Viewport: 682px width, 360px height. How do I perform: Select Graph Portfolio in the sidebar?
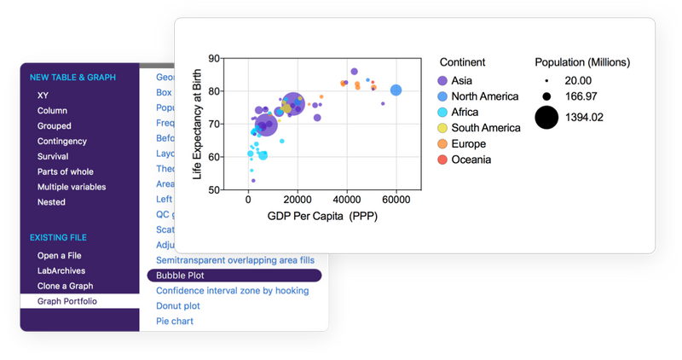tap(66, 301)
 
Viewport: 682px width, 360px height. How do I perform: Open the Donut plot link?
tap(178, 305)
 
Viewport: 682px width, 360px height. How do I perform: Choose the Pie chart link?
tap(175, 321)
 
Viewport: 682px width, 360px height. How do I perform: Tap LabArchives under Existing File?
tap(61, 270)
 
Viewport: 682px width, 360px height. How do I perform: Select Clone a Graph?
tap(65, 286)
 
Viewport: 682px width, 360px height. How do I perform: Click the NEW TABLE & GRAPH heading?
tap(72, 78)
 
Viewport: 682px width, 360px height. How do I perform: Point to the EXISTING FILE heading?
tap(58, 236)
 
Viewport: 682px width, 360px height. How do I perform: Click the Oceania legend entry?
tap(471, 160)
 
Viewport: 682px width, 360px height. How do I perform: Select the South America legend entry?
tap(485, 128)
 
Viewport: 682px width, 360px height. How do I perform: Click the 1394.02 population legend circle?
tap(546, 117)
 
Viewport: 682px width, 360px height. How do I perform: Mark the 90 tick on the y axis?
tap(213, 59)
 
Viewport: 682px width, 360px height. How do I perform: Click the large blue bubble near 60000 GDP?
tap(396, 90)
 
